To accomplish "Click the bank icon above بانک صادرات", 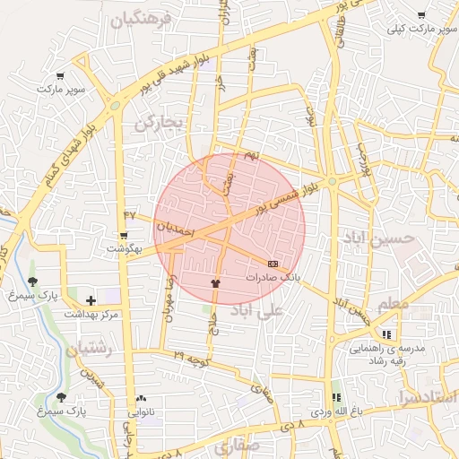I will [273, 264].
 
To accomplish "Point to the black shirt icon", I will [214, 283].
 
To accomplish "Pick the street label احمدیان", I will [175, 229].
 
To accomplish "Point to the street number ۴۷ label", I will [130, 215].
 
